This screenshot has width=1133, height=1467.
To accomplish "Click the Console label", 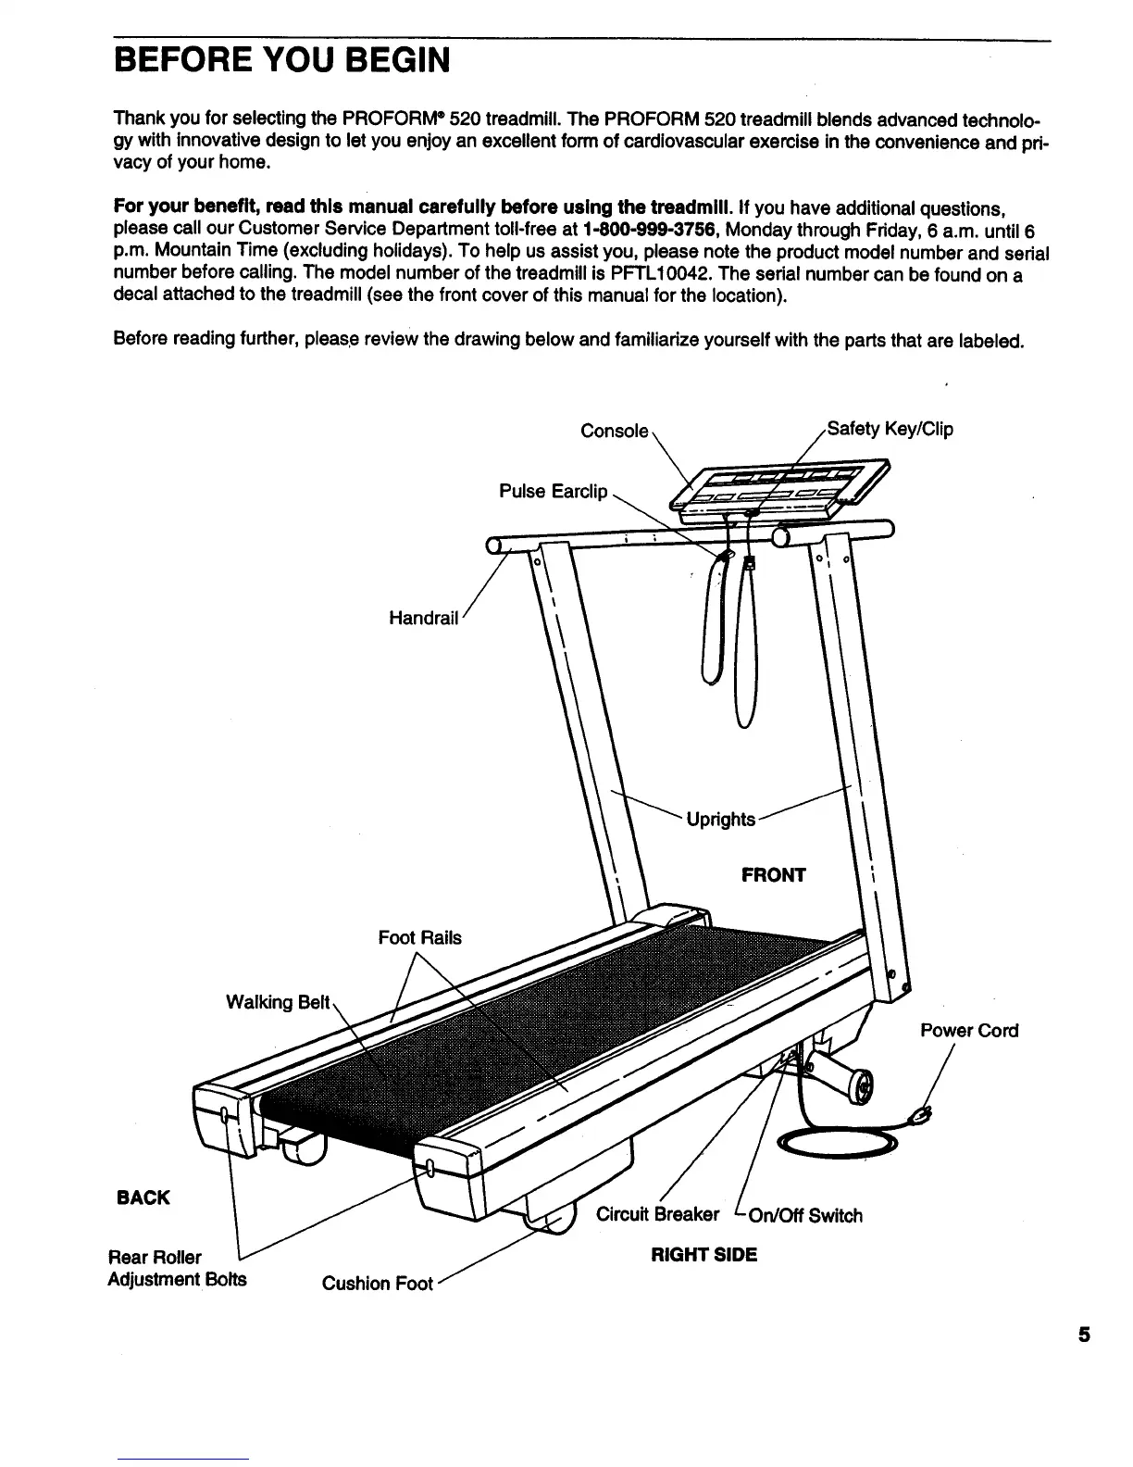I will click(x=614, y=432).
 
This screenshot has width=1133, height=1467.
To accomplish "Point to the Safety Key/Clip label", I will click(x=889, y=429).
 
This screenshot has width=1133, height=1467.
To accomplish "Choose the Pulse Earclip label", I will click(x=553, y=491).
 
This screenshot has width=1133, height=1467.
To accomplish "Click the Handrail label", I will click(x=423, y=618).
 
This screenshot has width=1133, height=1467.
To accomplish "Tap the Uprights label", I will click(x=721, y=820).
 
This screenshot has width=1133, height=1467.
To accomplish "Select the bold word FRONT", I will click(x=774, y=875).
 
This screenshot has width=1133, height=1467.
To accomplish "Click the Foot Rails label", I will click(x=419, y=938).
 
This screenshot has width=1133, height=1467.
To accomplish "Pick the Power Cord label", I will click(x=969, y=1031).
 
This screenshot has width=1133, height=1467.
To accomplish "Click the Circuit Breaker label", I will click(x=657, y=1214).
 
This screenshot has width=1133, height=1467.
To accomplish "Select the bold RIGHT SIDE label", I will click(x=703, y=1255).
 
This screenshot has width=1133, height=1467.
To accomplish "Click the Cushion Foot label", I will click(x=377, y=1284).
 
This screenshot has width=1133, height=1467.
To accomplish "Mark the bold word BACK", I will click(x=143, y=1197).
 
